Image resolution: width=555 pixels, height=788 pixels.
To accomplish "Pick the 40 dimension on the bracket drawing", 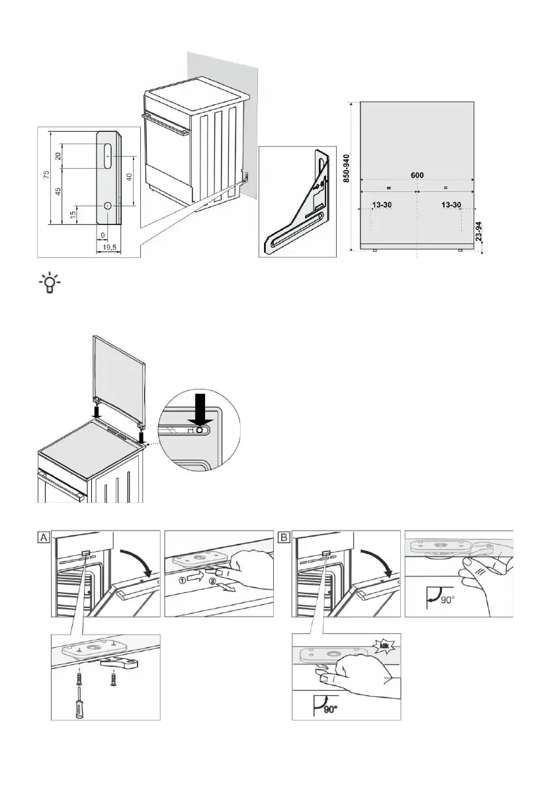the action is coord(129,177).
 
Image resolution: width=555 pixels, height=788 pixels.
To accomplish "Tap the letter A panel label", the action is coord(43,538).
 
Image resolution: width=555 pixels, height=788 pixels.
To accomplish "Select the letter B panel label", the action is coord(284,538).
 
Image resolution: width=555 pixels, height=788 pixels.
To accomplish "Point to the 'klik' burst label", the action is coord(386,642).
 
